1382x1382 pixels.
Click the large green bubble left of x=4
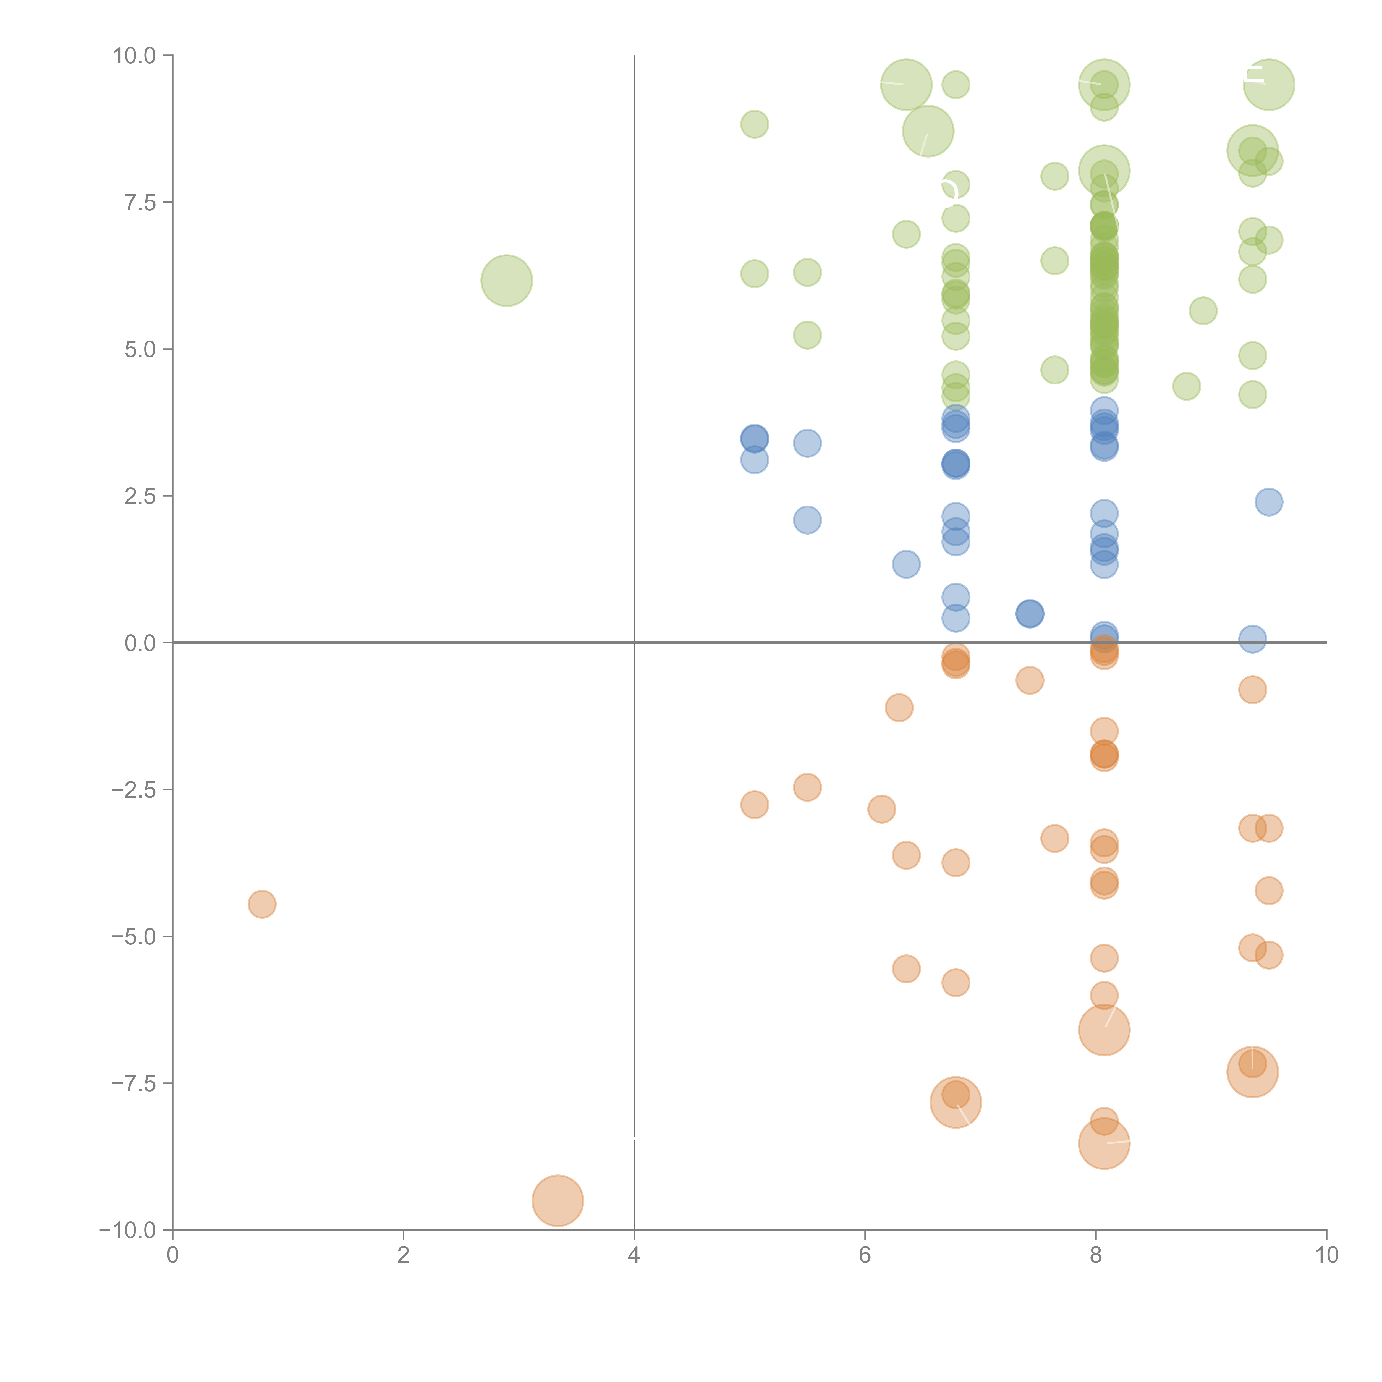tap(506, 280)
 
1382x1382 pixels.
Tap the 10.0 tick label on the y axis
tap(135, 56)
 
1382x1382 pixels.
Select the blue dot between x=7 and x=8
tap(1029, 613)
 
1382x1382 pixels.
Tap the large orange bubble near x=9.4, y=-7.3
tap(1252, 1072)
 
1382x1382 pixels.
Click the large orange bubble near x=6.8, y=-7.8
tap(956, 1102)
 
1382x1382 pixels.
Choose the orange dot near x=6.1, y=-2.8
tap(881, 809)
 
